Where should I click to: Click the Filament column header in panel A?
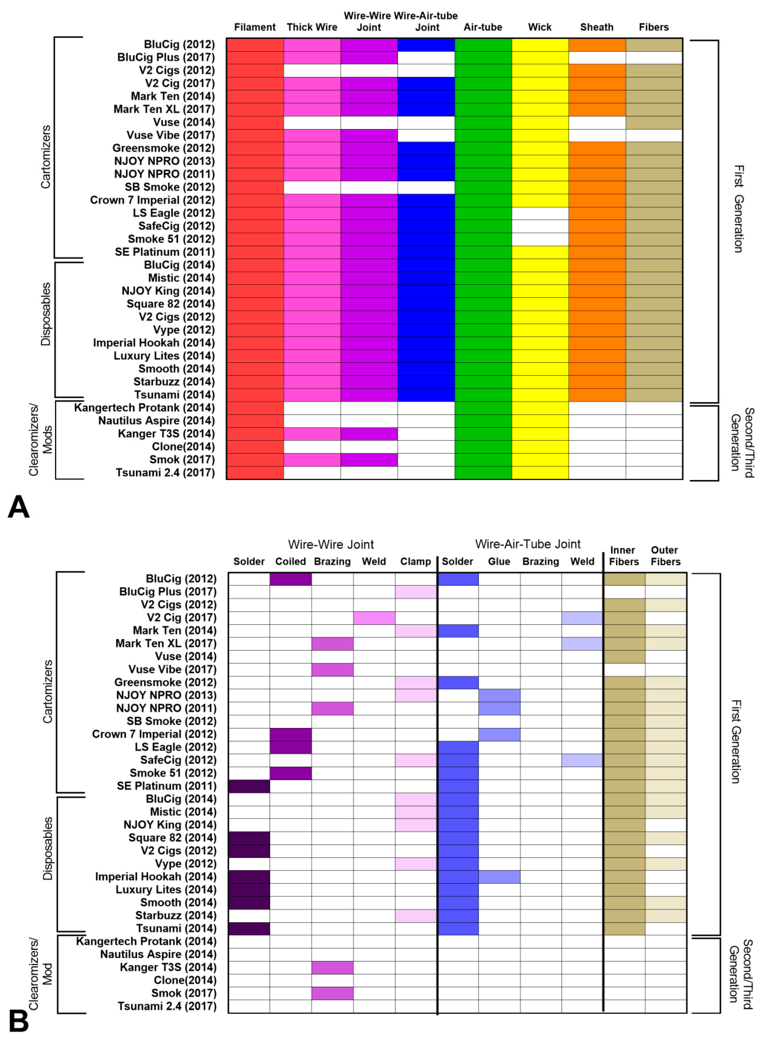pos(255,27)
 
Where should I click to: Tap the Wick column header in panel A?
pos(540,27)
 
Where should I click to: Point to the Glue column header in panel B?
pos(499,562)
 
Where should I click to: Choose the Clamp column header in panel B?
pos(415,562)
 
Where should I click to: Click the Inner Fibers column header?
pos(624,556)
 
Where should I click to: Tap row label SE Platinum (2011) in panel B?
pos(166,786)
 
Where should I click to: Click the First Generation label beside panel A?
pos(738,209)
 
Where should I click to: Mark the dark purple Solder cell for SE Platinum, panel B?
pos(249,786)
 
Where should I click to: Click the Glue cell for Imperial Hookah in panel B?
pos(499,877)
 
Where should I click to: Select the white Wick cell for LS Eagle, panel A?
pos(540,213)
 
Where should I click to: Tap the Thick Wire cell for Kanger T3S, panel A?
pos(312,434)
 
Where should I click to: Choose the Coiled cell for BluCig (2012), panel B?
pos(291,579)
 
